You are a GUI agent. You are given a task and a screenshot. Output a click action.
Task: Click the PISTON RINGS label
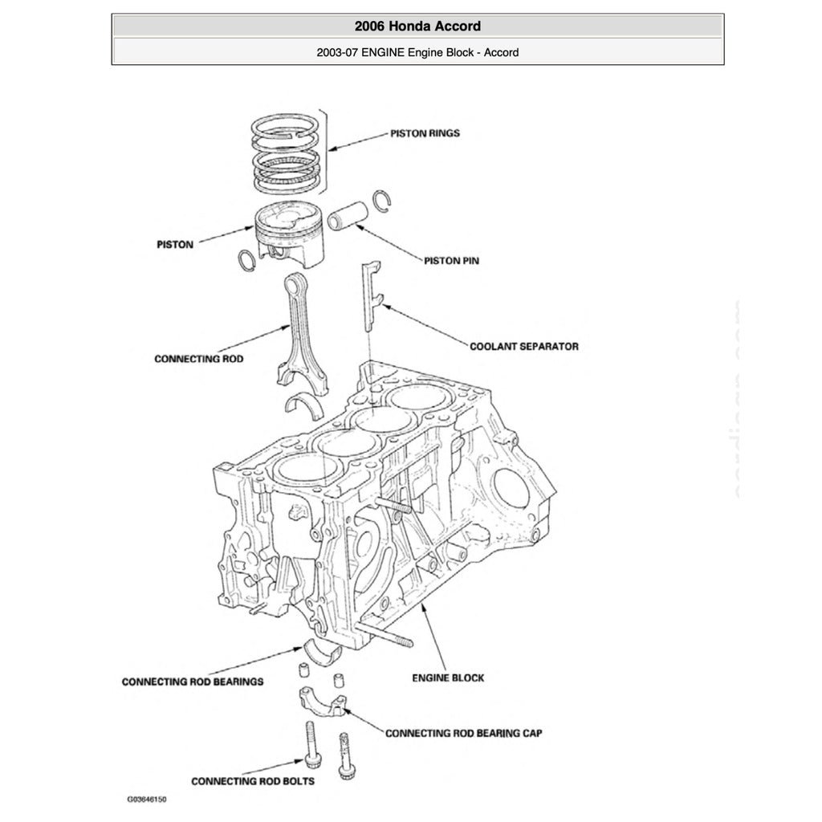(x=425, y=133)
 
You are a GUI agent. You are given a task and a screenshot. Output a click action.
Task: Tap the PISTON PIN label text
(x=452, y=261)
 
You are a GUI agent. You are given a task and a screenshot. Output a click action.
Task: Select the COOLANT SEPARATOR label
(x=523, y=347)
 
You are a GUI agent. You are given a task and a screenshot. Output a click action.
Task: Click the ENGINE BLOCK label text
(x=448, y=678)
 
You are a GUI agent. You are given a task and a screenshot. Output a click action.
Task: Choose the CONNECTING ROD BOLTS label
(x=253, y=781)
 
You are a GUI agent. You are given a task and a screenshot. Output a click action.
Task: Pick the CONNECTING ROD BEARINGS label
(x=193, y=682)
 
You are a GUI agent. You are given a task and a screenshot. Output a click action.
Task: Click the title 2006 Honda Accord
(x=417, y=26)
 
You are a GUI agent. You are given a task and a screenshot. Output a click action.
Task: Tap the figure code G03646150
(x=147, y=800)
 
